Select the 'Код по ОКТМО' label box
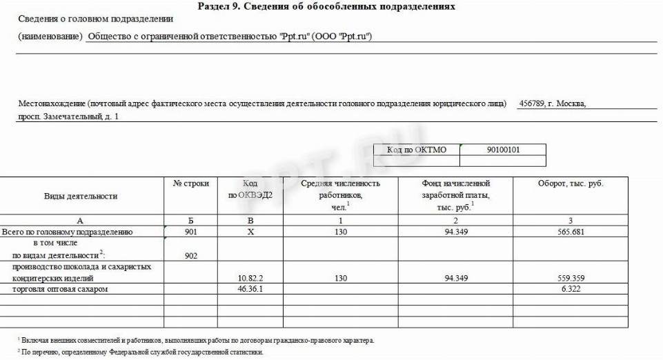[416, 150]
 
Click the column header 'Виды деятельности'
[81, 196]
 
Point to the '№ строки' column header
[191, 183]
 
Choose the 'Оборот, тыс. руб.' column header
[570, 183]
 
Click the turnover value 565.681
[570, 232]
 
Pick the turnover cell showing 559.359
[570, 278]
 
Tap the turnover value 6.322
[570, 290]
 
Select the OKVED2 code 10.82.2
[250, 278]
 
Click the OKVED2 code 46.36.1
[250, 290]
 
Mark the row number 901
[191, 232]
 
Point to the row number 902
[191, 255]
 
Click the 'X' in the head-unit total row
[250, 232]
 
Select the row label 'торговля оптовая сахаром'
[61, 290]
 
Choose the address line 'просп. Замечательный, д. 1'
[68, 117]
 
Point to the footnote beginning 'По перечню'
[142, 352]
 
